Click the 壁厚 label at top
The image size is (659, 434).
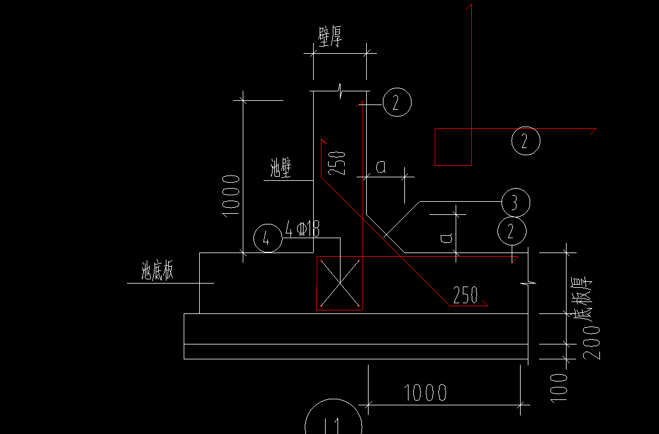click(330, 39)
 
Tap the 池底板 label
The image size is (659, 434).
click(157, 272)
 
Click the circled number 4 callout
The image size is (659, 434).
click(267, 239)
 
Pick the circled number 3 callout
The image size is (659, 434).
click(515, 202)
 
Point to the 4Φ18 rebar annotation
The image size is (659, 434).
click(303, 229)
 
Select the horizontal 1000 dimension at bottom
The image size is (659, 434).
click(426, 393)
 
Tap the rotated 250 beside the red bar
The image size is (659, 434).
click(337, 163)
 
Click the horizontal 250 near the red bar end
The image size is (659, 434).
click(465, 295)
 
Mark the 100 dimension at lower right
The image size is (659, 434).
click(559, 386)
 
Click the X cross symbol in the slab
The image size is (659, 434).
click(339, 283)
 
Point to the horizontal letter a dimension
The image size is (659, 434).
click(380, 168)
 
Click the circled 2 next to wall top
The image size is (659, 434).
click(397, 103)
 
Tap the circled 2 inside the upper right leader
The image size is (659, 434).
click(525, 141)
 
